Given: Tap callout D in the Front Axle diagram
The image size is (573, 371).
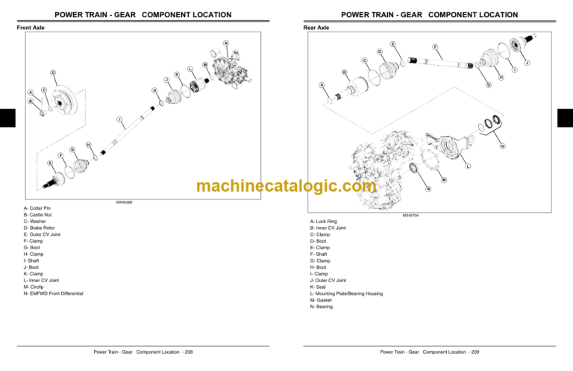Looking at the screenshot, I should click(52, 72).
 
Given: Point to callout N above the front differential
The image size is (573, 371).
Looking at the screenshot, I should click(225, 43).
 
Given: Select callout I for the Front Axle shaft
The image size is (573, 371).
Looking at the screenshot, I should click(119, 119).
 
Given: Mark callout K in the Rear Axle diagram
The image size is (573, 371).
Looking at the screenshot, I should click(502, 146).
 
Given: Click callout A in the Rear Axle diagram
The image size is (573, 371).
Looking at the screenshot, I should click(322, 84).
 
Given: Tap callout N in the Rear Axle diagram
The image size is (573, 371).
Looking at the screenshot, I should click(428, 187).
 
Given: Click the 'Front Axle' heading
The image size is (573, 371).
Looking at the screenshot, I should click(31, 28).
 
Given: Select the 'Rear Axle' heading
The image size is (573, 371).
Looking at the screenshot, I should click(316, 28).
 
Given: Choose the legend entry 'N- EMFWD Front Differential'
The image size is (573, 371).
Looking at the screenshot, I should click(54, 293).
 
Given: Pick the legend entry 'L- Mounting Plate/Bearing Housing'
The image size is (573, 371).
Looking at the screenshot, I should click(346, 293).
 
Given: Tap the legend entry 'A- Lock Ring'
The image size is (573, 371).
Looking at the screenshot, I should click(324, 222).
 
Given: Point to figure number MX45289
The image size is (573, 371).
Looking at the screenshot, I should click(124, 202).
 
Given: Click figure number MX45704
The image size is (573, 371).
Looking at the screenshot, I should click(410, 215).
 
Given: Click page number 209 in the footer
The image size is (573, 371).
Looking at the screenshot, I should click(475, 352).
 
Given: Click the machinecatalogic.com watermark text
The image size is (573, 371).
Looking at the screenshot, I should click(286, 187).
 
